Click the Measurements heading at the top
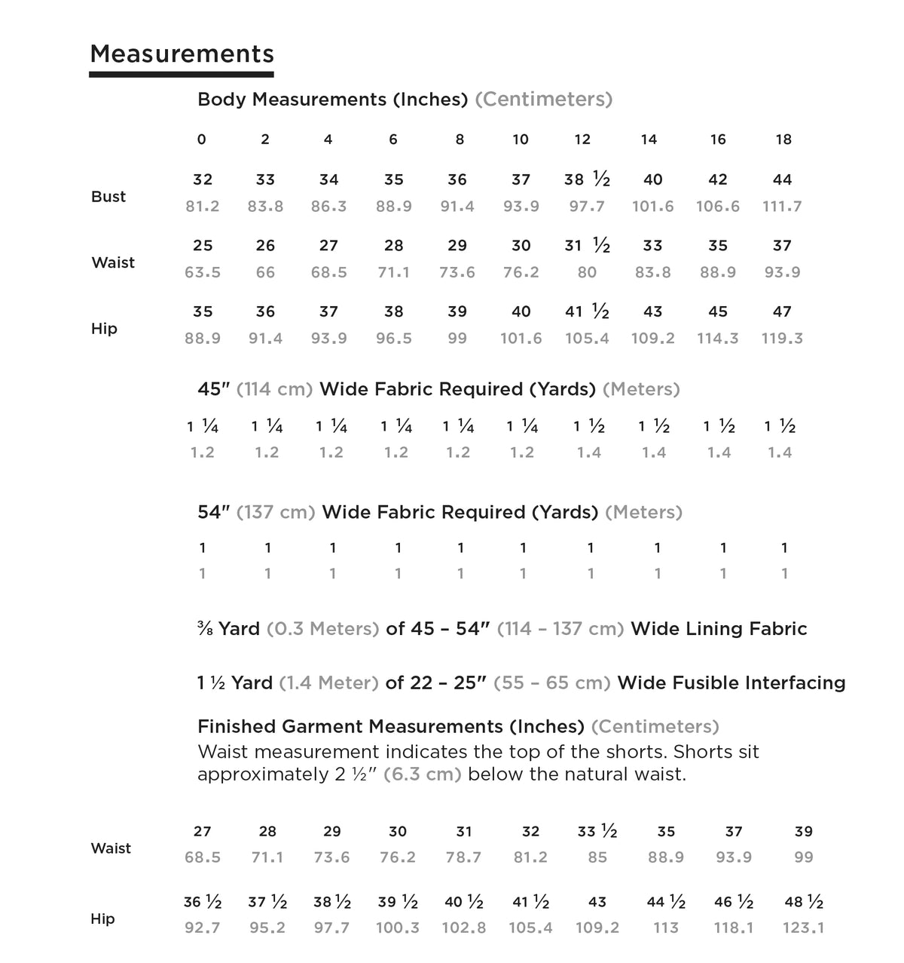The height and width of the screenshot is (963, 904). click(182, 54)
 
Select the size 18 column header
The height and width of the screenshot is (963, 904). click(783, 140)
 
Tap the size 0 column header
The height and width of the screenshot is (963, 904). click(201, 140)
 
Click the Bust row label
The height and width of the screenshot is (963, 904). click(108, 197)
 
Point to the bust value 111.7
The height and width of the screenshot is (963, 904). click(782, 207)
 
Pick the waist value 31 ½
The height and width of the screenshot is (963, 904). click(587, 246)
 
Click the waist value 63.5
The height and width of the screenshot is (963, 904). click(203, 272)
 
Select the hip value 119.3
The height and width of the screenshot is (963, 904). click(782, 339)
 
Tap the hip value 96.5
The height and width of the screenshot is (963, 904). click(394, 339)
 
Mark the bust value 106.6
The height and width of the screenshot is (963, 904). click(718, 207)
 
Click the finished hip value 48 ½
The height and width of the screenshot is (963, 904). click(804, 903)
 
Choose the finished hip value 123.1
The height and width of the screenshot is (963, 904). click(804, 928)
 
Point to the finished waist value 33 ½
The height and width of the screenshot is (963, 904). click(597, 832)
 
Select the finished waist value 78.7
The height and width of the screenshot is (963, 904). click(463, 857)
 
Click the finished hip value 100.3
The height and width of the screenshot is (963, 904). click(398, 928)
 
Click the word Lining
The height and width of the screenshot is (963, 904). click(719, 629)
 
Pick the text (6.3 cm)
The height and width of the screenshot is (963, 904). click(422, 774)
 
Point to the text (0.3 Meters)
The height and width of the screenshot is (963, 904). click(322, 629)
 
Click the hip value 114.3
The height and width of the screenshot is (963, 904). click(718, 339)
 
